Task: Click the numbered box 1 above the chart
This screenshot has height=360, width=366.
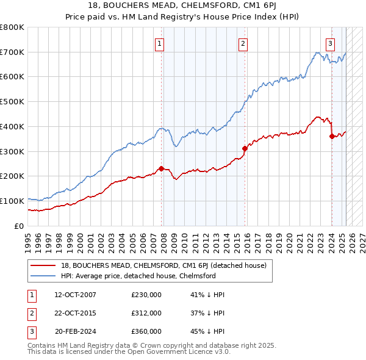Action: tap(159, 43)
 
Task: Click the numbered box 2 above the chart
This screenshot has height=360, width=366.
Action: tap(243, 43)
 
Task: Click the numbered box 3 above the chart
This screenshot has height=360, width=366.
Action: tap(330, 43)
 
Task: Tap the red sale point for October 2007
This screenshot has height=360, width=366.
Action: tap(162, 168)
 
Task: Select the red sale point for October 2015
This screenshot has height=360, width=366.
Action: tap(245, 148)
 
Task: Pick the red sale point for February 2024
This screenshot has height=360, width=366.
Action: tap(332, 136)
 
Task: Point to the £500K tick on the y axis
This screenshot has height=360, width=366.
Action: tap(12, 102)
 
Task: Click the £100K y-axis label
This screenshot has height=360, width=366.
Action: tap(12, 201)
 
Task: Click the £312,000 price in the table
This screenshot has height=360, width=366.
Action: tap(146, 313)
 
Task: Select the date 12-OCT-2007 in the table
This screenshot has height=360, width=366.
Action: tap(75, 295)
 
